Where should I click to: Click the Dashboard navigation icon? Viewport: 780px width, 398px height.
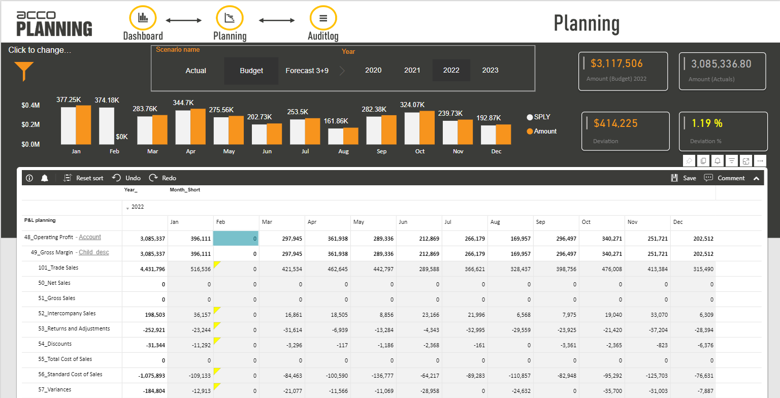click(143, 18)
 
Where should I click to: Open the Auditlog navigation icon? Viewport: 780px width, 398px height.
click(323, 18)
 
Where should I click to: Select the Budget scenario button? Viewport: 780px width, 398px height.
click(251, 71)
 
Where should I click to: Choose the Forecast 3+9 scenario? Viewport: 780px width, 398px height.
click(307, 71)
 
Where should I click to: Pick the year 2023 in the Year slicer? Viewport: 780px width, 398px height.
click(490, 70)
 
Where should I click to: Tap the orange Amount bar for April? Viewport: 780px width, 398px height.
click(198, 127)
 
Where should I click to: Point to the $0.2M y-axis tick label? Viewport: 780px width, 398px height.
click(30, 125)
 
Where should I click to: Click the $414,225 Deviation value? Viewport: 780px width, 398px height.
click(615, 123)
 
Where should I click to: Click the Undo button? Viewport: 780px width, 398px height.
click(127, 178)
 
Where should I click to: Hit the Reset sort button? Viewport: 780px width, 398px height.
click(84, 178)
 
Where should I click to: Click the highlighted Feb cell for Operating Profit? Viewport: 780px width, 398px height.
click(236, 238)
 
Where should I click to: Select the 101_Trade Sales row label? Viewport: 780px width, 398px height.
click(58, 268)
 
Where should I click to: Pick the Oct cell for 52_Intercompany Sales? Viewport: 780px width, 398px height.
click(602, 315)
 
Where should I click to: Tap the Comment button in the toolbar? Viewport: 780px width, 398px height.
click(725, 178)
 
